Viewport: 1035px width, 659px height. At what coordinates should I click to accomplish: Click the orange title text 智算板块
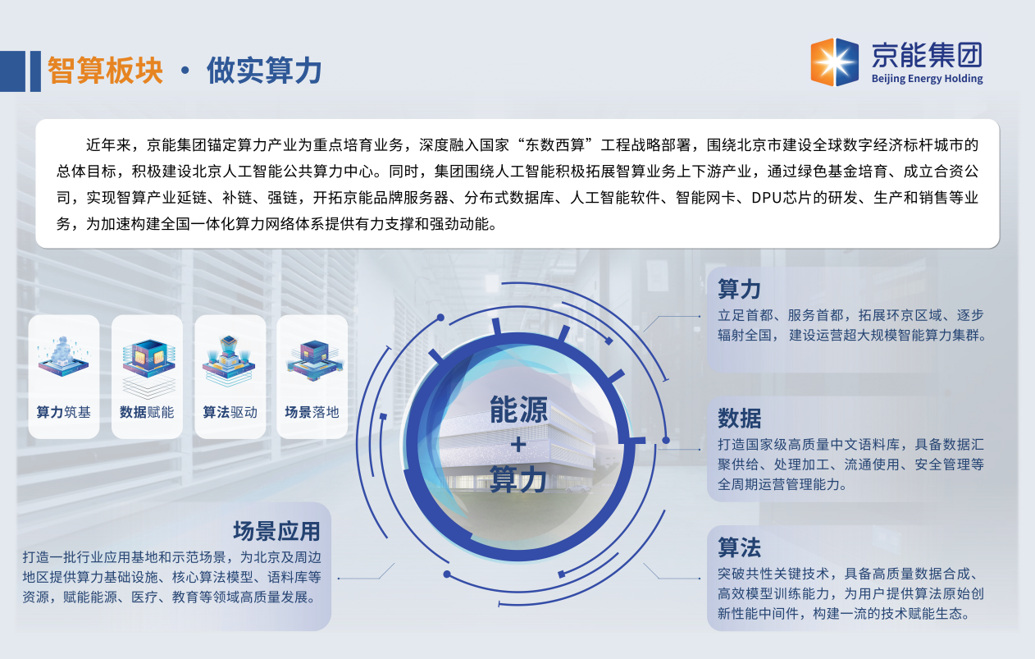point(105,71)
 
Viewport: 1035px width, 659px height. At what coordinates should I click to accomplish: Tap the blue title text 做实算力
point(264,71)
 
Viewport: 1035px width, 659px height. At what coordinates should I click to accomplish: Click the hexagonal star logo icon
point(834,62)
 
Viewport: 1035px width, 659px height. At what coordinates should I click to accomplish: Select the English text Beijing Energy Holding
point(927,79)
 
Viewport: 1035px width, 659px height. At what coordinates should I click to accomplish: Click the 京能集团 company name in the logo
point(927,55)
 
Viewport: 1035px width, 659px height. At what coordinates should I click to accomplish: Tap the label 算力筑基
point(64,412)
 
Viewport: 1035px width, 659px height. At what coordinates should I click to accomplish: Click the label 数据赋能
point(147,412)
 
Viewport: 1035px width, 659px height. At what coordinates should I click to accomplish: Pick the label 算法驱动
point(230,412)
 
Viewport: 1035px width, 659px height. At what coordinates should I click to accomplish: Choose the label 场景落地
point(312,412)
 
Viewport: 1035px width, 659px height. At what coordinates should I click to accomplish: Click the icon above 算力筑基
point(63,356)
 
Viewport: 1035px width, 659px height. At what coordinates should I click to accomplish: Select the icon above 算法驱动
point(229,359)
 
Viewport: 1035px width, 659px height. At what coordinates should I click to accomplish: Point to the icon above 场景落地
point(315,359)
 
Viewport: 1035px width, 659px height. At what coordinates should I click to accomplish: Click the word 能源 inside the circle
point(518,410)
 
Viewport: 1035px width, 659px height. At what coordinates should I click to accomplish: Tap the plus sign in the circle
point(518,445)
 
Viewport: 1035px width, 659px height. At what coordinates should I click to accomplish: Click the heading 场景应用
point(276,531)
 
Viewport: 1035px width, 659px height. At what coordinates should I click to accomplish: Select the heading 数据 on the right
point(739,418)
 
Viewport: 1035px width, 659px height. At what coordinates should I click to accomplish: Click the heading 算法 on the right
point(739,547)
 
